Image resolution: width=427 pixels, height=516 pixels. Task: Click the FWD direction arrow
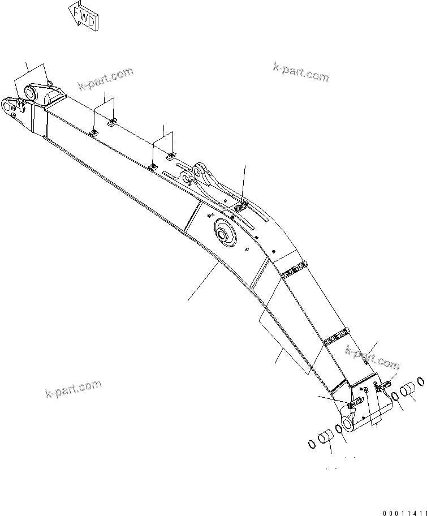[x=84, y=16]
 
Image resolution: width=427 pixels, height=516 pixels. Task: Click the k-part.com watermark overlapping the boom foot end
[x=372, y=358]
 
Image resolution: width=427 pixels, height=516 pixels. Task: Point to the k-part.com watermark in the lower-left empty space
[x=74, y=390]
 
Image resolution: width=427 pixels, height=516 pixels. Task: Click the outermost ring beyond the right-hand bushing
[x=421, y=381]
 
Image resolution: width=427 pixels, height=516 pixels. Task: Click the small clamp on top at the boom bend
[x=240, y=207]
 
